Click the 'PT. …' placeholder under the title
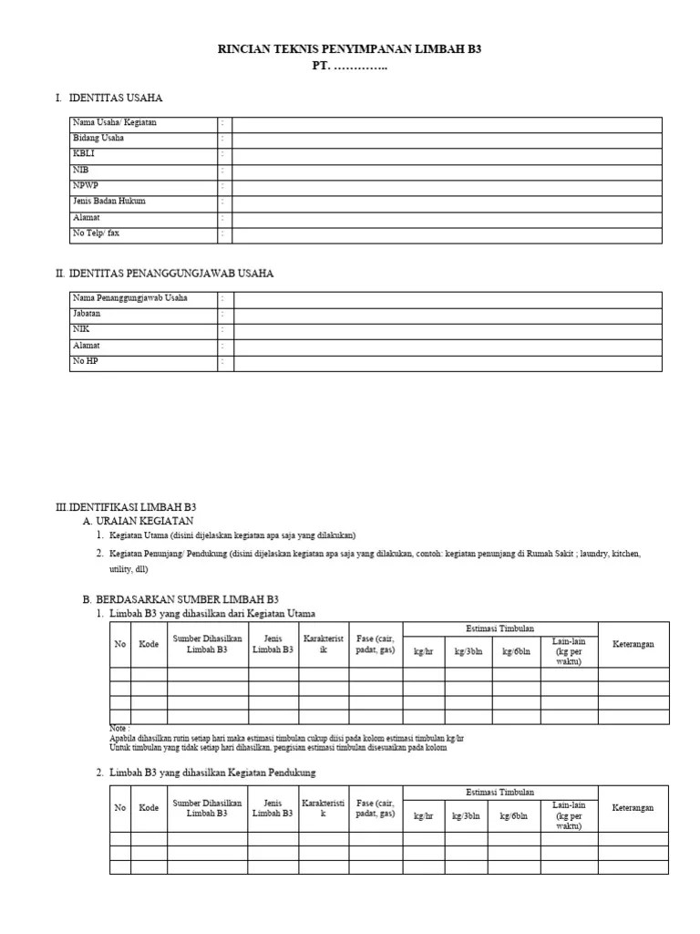pos(349,67)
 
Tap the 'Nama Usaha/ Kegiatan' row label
pos(114,123)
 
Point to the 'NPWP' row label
pos(86,186)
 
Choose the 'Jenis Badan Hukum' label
pos(108,202)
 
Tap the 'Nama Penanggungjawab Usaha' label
pos(129,299)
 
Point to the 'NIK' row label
pos(81,330)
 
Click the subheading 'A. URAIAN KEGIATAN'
pos(139,520)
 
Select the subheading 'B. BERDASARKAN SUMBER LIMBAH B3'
pos(180,599)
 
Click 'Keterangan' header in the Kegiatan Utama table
pos(633,645)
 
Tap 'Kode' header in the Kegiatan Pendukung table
pos(149,808)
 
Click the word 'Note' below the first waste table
pos(118,729)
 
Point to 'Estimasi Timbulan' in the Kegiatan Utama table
pos(500,628)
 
